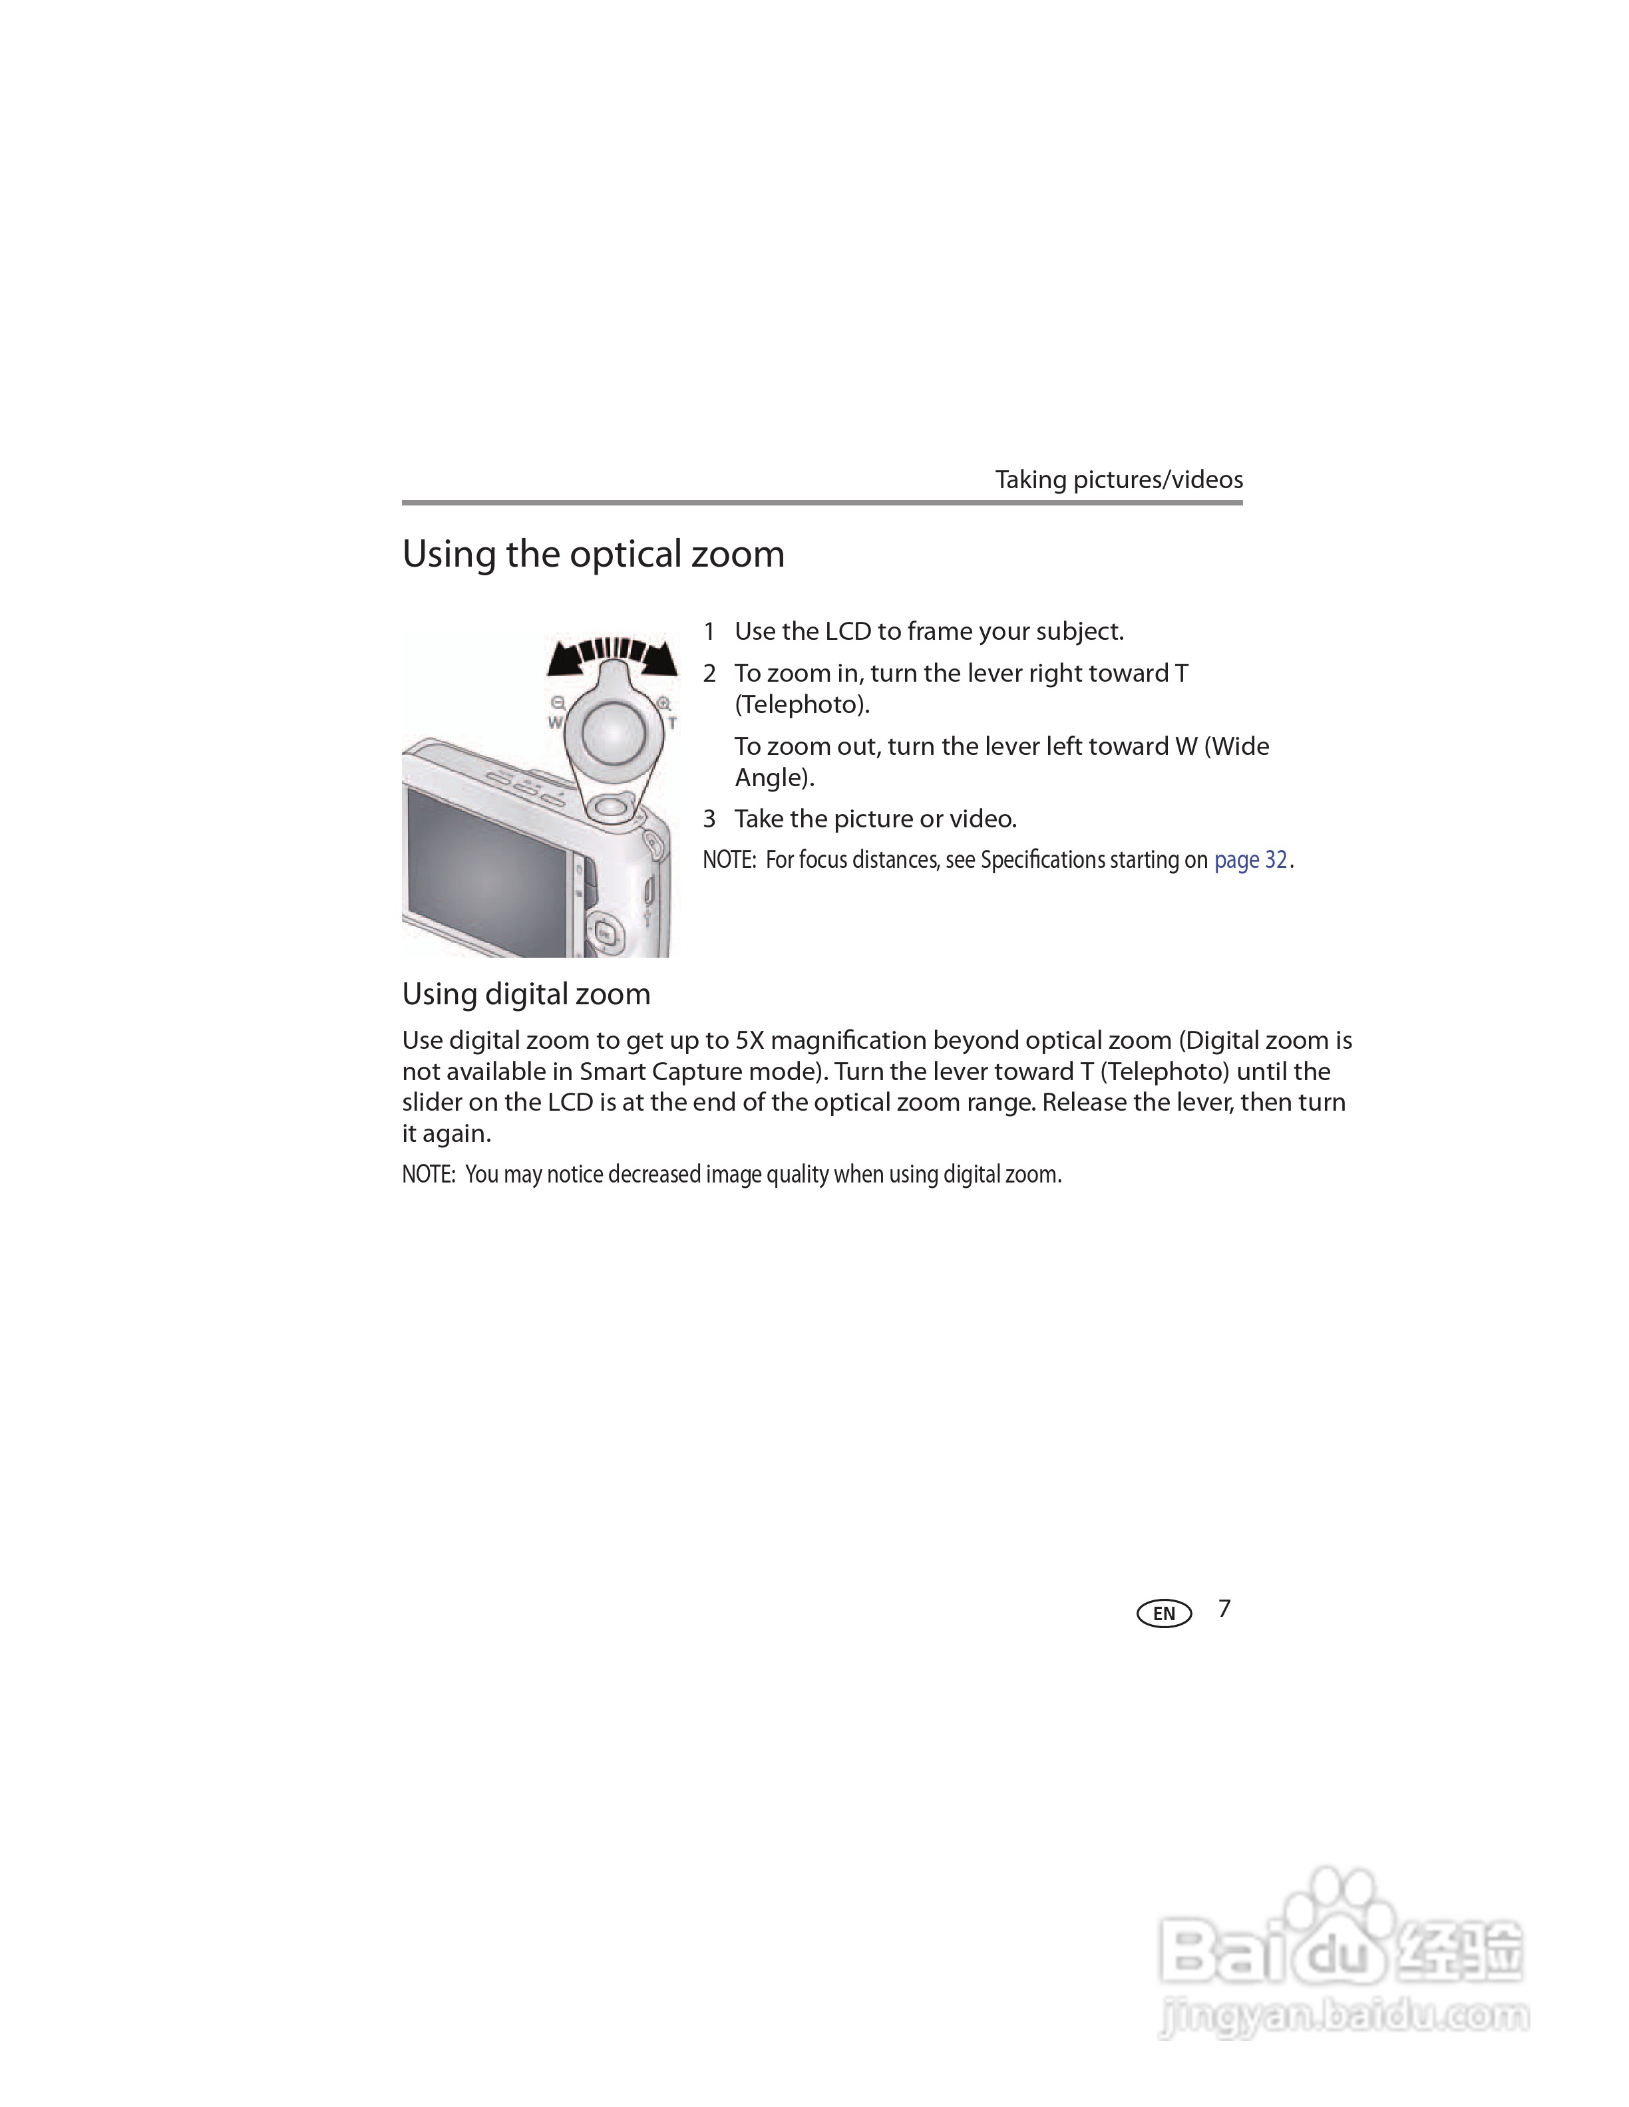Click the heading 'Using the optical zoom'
tap(592, 555)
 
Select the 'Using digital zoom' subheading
tap(526, 994)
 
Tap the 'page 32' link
tap(1250, 859)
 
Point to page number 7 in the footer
tap(1224, 1608)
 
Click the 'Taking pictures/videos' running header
tap(1119, 480)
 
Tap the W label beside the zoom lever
tap(555, 722)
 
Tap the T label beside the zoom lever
tap(671, 722)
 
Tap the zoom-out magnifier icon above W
tap(558, 703)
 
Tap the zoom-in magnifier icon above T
tap(664, 703)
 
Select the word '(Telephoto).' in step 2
tap(802, 704)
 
